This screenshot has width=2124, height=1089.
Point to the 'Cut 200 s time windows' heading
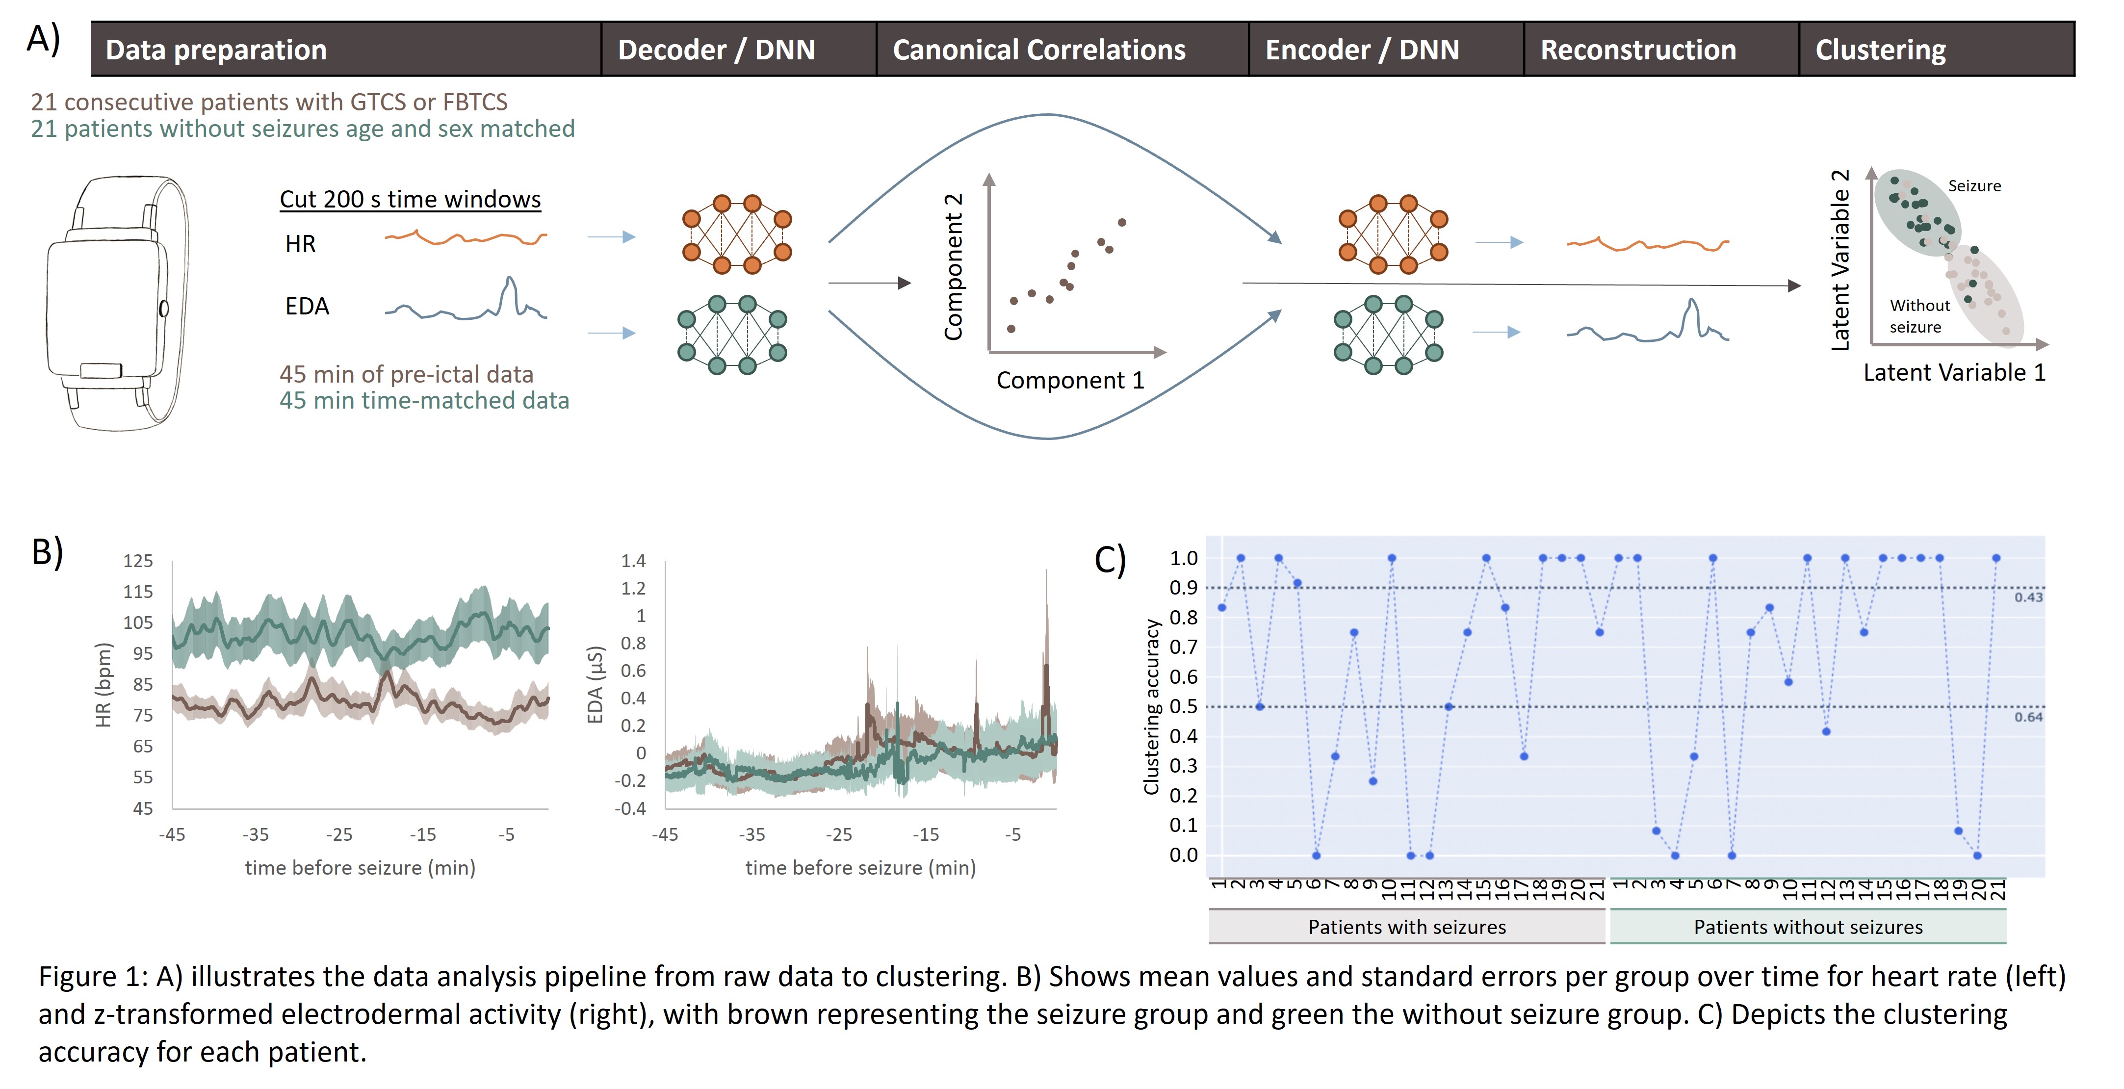[x=410, y=200]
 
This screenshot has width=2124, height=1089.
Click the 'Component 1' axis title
[x=1070, y=380]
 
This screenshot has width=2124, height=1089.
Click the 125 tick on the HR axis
[x=138, y=561]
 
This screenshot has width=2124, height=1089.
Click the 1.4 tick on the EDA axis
[x=633, y=561]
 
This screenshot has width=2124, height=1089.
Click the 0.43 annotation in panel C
[x=2028, y=597]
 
